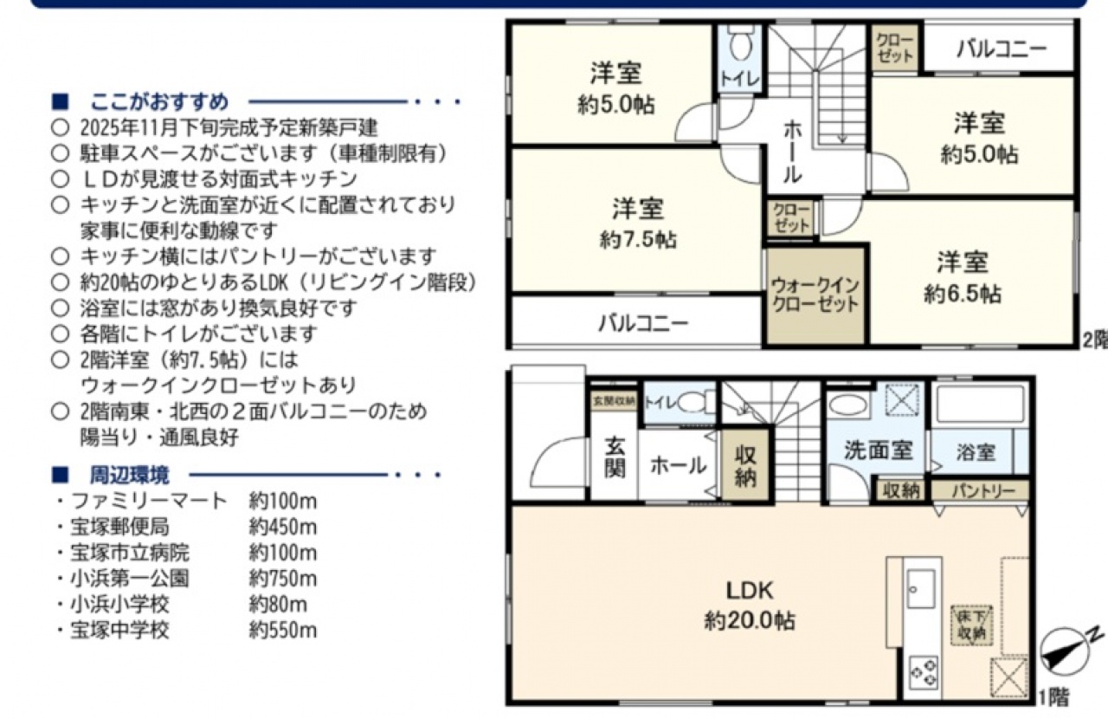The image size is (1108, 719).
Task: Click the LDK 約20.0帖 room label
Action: point(750,606)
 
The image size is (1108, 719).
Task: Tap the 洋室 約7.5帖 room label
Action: point(638,223)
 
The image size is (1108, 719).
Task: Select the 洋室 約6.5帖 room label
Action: point(963,278)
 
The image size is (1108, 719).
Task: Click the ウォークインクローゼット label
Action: point(815,295)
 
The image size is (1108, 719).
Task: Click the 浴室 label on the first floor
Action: point(976,452)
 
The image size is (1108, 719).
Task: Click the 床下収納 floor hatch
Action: point(971,625)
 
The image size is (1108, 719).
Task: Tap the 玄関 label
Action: point(615,458)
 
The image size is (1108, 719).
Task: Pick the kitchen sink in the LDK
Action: point(921,589)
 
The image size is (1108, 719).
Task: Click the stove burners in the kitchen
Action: point(924,672)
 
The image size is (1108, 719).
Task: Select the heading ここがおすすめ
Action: point(159,102)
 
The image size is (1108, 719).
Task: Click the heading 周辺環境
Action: point(130,476)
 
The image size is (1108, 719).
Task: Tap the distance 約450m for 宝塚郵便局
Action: point(282,528)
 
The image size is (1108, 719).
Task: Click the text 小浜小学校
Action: point(119,605)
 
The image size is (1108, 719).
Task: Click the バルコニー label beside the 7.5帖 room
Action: point(643,323)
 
